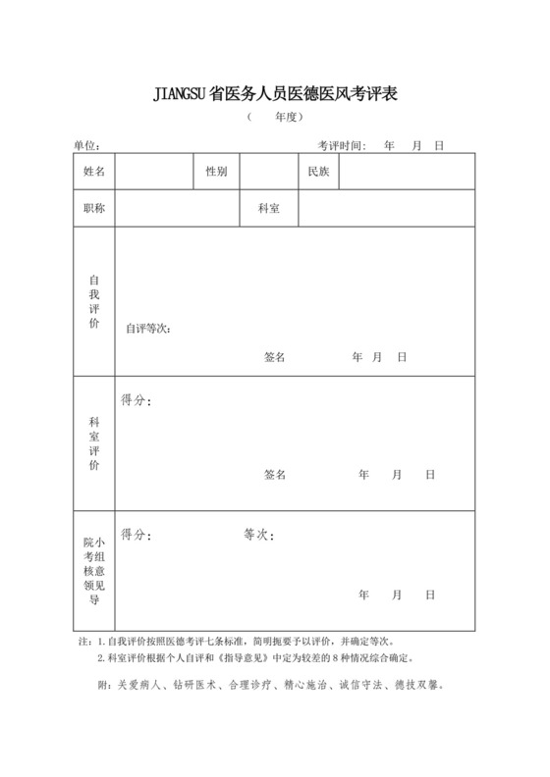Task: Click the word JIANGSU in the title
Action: tap(181, 95)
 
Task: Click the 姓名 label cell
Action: tap(94, 172)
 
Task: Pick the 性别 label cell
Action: tap(216, 172)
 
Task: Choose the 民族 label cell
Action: tap(318, 172)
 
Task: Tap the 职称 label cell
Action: tap(94, 208)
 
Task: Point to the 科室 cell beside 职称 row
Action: tap(269, 208)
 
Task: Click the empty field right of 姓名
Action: tap(153, 172)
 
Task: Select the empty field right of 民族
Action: tap(406, 172)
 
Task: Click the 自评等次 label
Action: tap(148, 329)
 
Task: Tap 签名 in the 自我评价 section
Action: tap(274, 357)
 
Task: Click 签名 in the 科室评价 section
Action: tap(274, 475)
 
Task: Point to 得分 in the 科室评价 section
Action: tap(136, 400)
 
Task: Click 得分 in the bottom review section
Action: tap(136, 536)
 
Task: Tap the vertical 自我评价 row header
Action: tap(94, 301)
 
